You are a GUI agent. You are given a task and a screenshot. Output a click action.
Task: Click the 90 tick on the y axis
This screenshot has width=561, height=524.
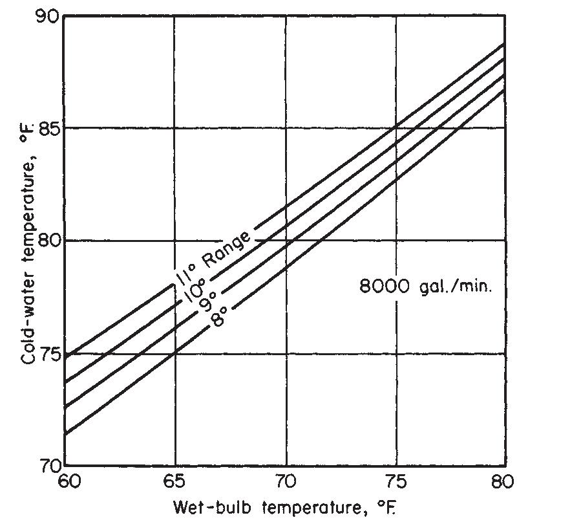point(52,16)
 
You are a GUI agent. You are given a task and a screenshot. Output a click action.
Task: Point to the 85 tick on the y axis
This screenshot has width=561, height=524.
point(52,127)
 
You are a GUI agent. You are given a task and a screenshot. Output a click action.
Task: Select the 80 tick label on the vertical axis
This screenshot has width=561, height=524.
point(52,241)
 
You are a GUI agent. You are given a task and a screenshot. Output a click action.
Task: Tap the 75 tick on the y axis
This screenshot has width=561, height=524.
point(52,354)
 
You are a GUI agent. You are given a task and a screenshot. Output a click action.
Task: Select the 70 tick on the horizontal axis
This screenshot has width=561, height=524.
point(286,481)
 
